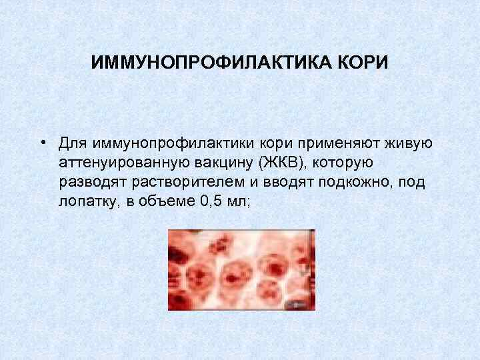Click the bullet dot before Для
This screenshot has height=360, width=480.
point(42,142)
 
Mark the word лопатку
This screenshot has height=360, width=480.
point(87,203)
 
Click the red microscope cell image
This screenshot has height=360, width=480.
point(241,269)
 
